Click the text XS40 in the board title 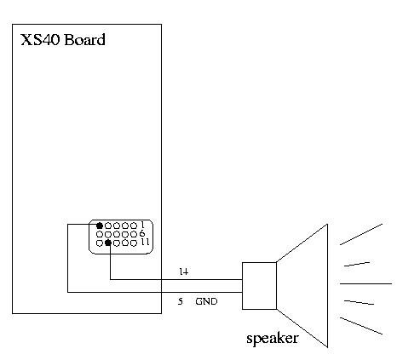point(40,39)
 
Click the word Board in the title point(84,39)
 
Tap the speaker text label point(273,339)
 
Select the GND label point(206,301)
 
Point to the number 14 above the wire point(184,271)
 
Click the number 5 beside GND point(181,301)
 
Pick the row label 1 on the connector point(142,225)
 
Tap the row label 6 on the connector point(142,233)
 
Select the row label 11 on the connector point(145,242)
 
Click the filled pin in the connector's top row point(100,226)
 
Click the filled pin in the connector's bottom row point(108,243)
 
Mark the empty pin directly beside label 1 point(134,226)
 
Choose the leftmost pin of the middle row point(100,234)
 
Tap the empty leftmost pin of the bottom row point(100,243)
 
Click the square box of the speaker point(259,286)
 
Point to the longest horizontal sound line point(365,283)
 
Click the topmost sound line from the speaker point(361,234)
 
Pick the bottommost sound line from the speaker point(361,326)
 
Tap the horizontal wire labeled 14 point(176,279)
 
